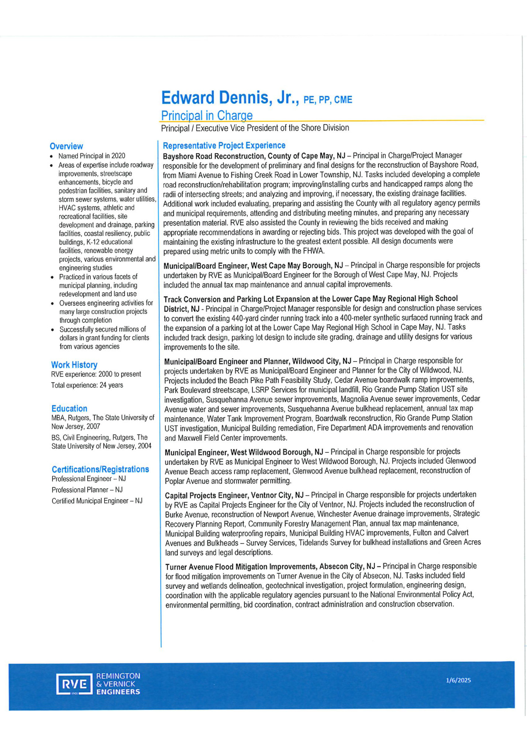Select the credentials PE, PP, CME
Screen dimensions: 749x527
tap(328, 100)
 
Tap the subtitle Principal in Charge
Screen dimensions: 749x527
tap(207, 116)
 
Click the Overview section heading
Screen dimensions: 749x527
tap(66, 146)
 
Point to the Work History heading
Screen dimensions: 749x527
tap(74, 365)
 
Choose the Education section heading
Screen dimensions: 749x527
tap(69, 408)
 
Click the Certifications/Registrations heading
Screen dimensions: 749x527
tap(100, 469)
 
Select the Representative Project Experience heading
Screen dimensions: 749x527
tap(224, 146)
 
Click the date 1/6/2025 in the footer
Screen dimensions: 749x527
tap(458, 680)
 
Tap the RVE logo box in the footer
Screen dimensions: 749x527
tap(74, 684)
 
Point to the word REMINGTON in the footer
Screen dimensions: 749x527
tap(118, 676)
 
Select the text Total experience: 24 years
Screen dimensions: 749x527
tap(87, 385)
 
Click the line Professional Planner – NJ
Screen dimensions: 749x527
tap(87, 490)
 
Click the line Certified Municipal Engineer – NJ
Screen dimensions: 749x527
tap(97, 501)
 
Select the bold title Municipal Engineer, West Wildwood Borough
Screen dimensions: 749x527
tap(244, 452)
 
